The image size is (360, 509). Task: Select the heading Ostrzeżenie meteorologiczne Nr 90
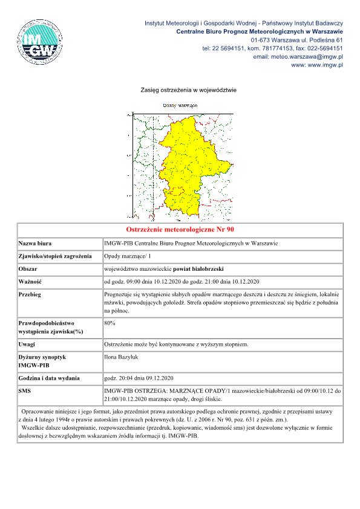click(180, 230)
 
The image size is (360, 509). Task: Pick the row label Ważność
click(30, 281)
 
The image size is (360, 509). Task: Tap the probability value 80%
click(110, 323)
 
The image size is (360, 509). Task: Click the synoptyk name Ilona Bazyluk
click(122, 357)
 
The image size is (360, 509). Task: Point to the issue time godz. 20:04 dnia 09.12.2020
click(139, 378)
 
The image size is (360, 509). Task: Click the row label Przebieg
click(32, 294)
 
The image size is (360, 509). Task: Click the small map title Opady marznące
click(181, 105)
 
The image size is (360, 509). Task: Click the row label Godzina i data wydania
click(49, 378)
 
